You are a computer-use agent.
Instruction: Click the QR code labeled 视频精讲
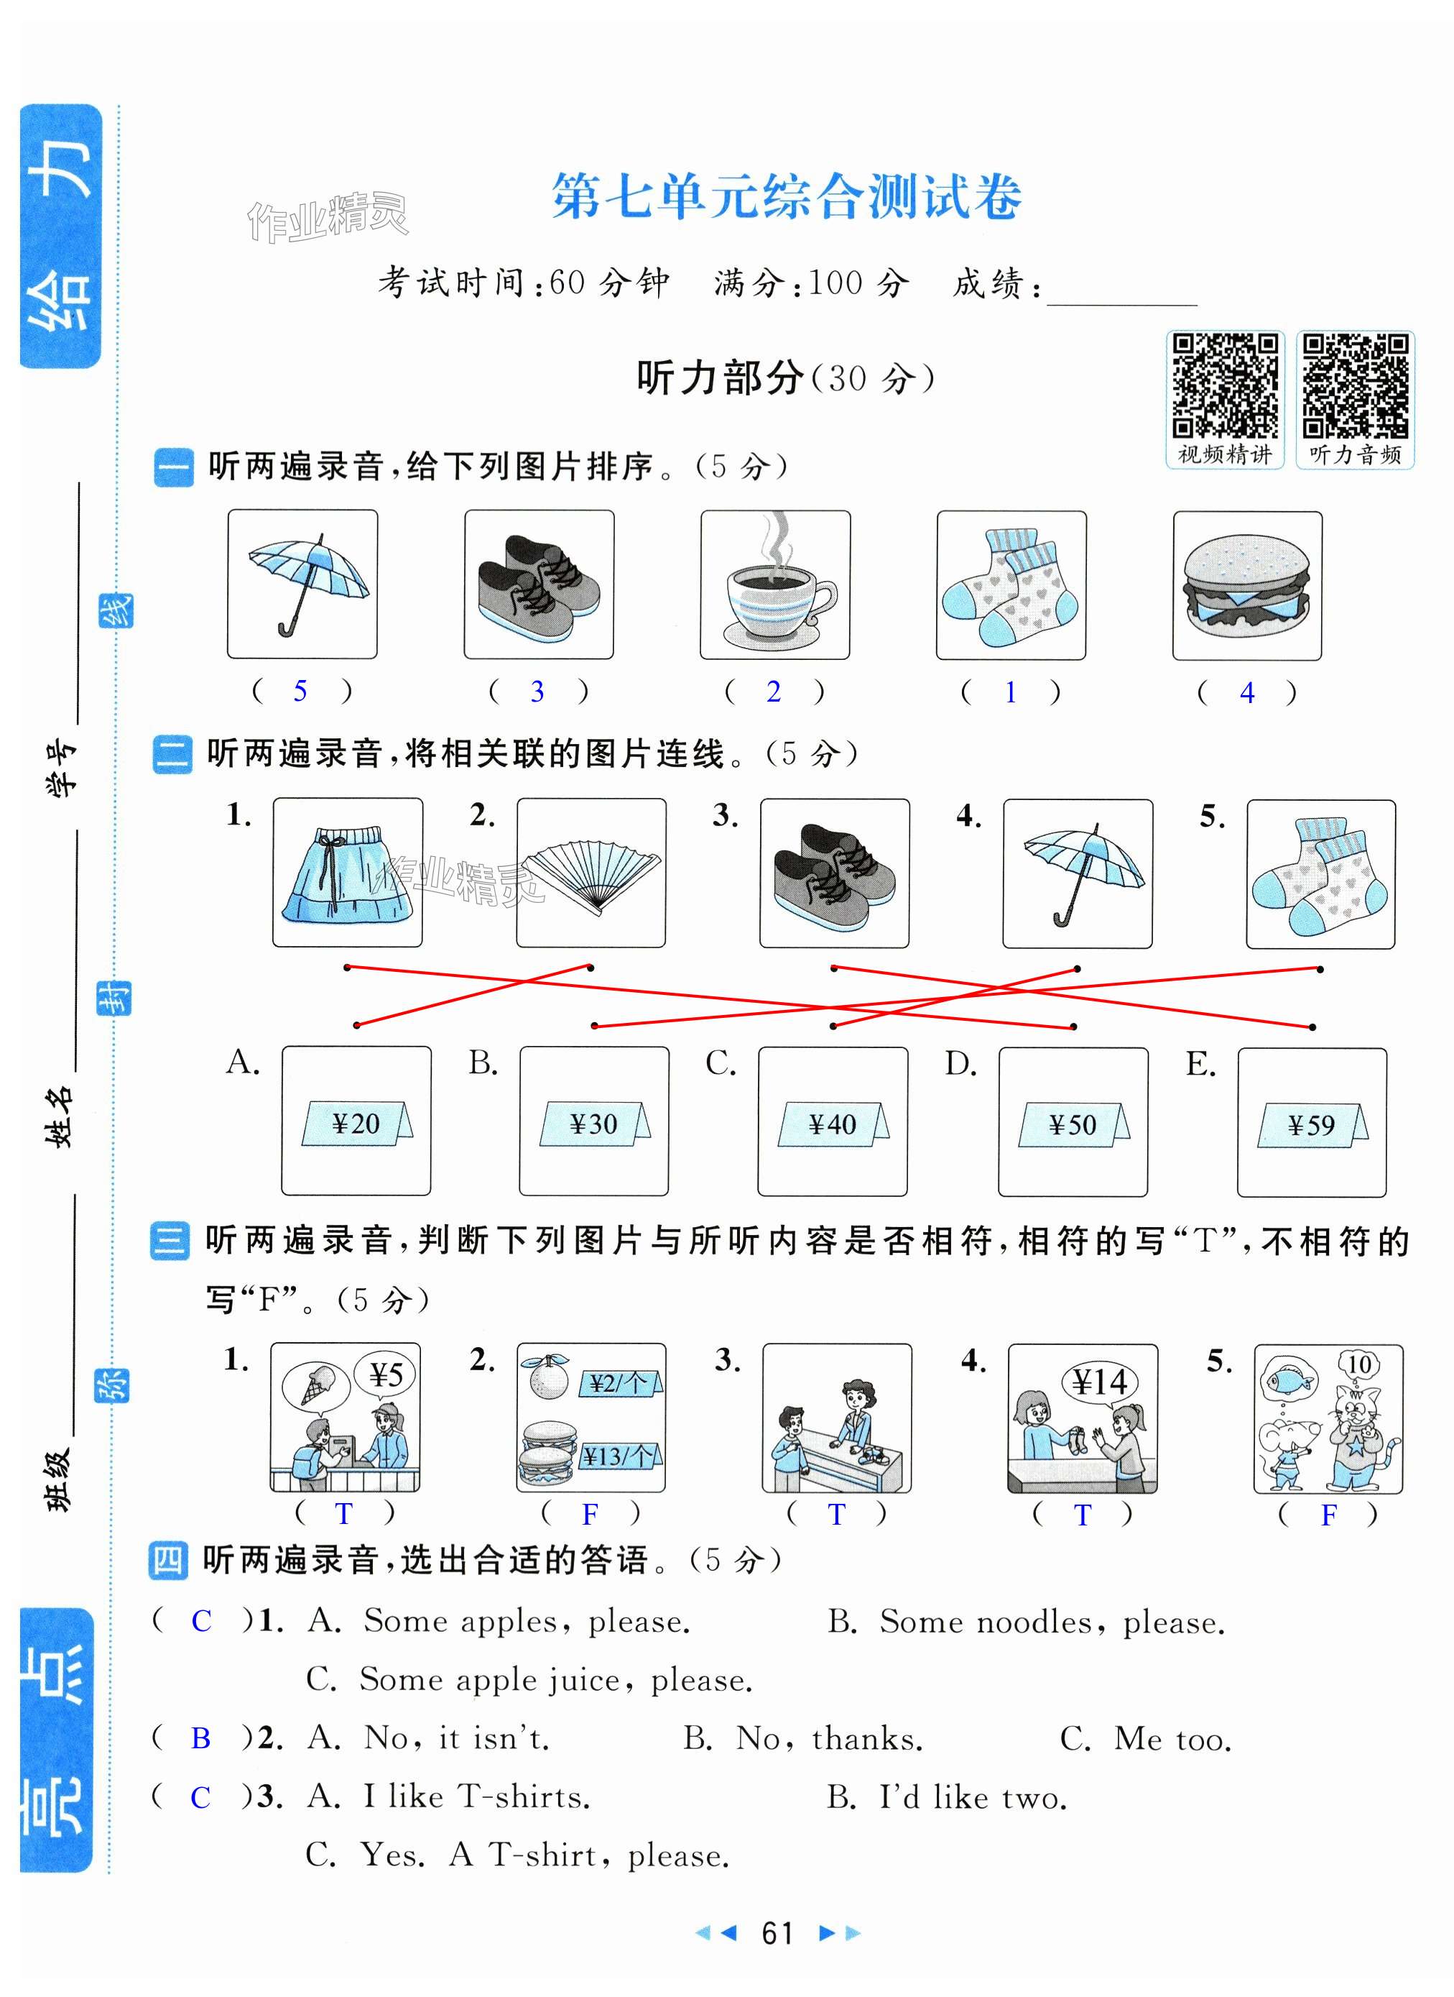coord(1225,385)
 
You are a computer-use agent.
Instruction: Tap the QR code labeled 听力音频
coord(1356,385)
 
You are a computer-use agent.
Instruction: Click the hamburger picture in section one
coord(1247,587)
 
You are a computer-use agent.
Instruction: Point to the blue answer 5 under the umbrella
coord(300,692)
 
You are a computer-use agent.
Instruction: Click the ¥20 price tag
coord(356,1124)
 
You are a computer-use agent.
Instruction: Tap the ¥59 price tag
coord(1312,1125)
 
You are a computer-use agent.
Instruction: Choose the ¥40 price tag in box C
coord(833,1124)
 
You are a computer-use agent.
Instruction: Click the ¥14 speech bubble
coord(1100,1382)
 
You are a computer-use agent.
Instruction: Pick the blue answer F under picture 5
coord(1329,1515)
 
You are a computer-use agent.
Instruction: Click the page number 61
coord(778,1933)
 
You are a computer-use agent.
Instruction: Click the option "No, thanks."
coord(830,1739)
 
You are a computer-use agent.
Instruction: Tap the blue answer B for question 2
coord(200,1738)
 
